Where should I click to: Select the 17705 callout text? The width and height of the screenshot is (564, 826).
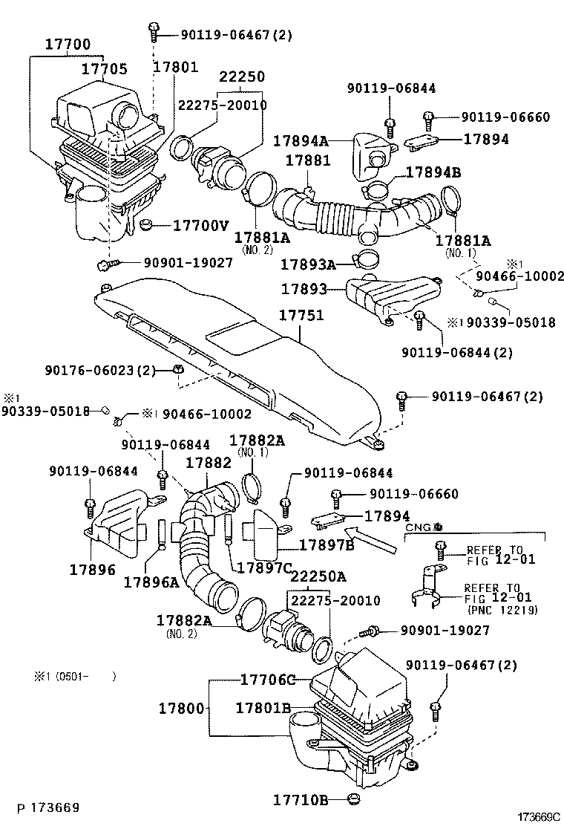104,69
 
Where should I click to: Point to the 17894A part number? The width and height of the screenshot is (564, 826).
301,140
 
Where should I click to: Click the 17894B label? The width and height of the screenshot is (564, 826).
433,173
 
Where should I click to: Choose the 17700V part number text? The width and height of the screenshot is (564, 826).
201,224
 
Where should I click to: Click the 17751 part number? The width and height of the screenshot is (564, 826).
301,316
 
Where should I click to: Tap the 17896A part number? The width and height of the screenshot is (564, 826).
151,582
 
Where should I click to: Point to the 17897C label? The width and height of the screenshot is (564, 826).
263,568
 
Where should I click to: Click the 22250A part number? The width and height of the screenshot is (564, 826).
318,576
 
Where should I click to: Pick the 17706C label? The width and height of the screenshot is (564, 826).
268,680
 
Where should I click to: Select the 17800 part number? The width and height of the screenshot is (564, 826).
180,709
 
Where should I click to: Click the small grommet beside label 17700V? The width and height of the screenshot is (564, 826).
147,224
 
